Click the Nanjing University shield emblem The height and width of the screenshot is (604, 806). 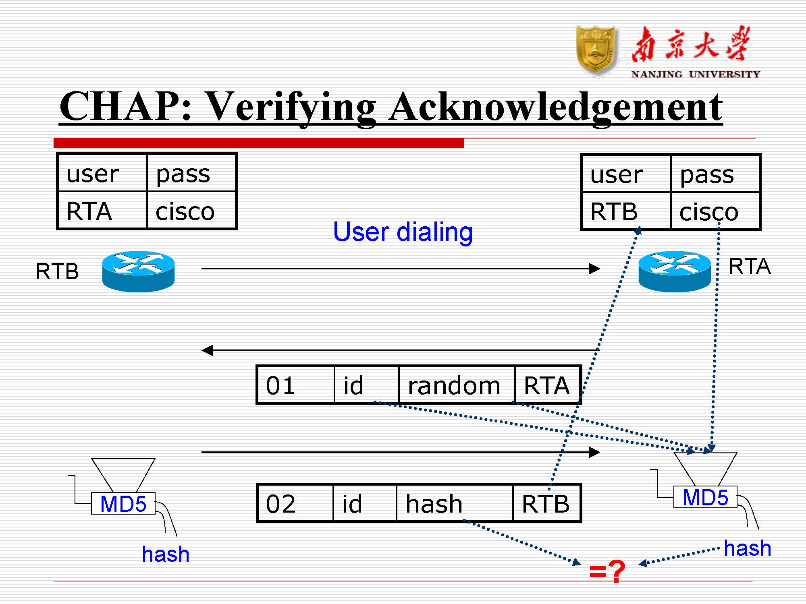click(x=597, y=51)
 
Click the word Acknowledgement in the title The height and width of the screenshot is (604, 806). click(x=556, y=107)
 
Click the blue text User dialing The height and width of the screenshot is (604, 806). click(x=403, y=232)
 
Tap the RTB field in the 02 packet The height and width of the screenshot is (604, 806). click(x=546, y=503)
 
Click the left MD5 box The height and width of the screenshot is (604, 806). click(x=123, y=504)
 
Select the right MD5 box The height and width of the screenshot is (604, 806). click(x=705, y=497)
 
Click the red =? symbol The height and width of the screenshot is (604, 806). click(x=607, y=571)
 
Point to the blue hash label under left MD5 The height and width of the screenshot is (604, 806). click(x=166, y=554)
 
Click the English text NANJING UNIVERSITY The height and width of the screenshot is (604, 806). click(x=695, y=74)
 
